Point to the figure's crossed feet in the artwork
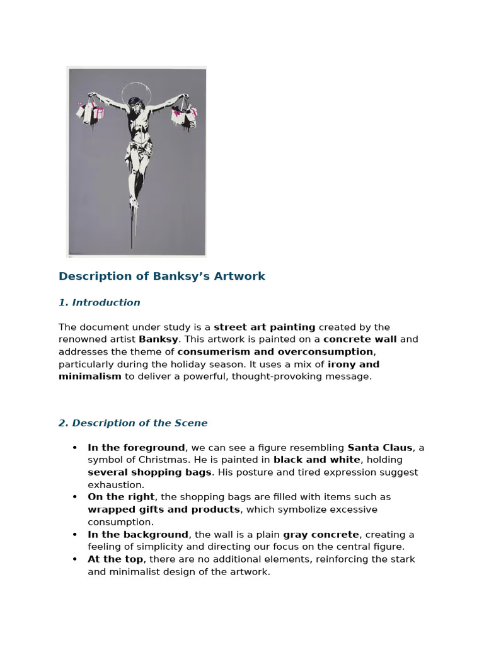coord(132,200)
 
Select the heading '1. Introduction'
coord(100,303)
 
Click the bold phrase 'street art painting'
coord(265,327)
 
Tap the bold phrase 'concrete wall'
coord(360,340)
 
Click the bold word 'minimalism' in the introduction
coord(90,377)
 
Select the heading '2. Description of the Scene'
coord(133,423)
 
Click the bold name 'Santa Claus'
coord(380,448)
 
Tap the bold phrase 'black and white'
coord(309,460)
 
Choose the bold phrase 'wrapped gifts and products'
coord(164,510)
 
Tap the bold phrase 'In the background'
coord(138,535)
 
